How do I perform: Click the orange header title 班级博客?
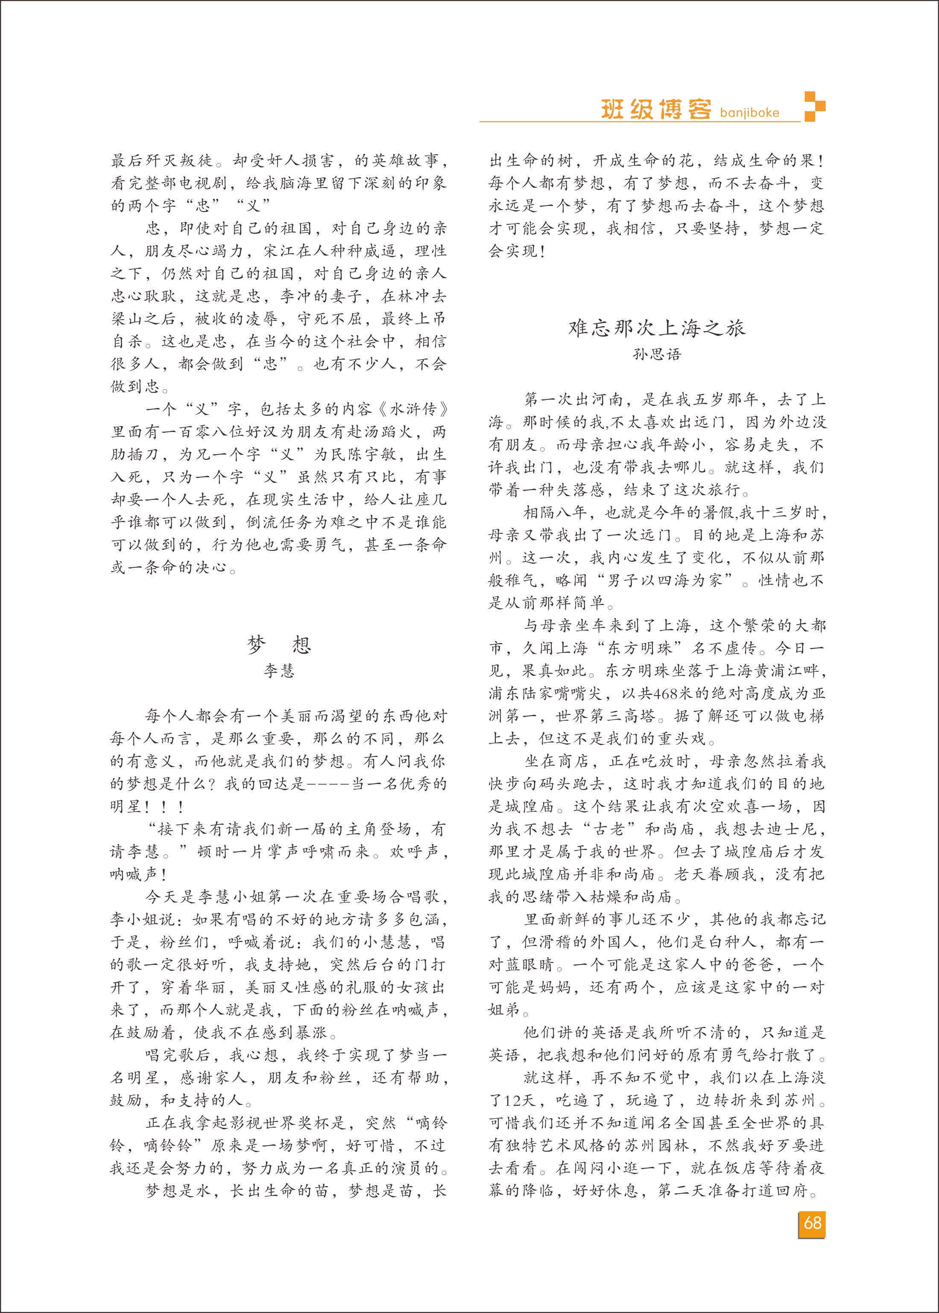click(x=655, y=109)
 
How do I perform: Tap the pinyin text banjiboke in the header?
click(x=749, y=113)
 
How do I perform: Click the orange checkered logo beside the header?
click(x=815, y=106)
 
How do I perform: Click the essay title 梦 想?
click(x=279, y=644)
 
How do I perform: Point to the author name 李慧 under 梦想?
click(x=279, y=671)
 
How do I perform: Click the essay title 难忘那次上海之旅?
click(x=657, y=328)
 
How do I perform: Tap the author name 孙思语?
click(x=657, y=354)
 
